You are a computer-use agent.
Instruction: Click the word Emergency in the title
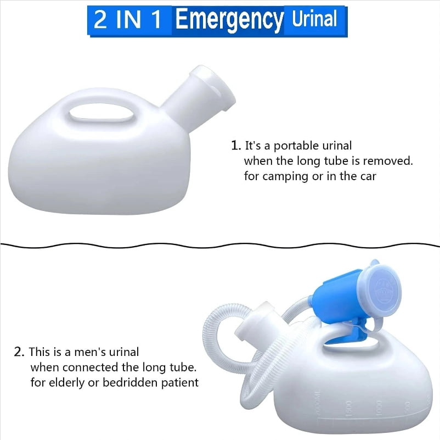pos(229,20)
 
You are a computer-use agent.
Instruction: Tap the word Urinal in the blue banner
pos(314,19)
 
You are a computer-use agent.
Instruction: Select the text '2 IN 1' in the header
pos(128,19)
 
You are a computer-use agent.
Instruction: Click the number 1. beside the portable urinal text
pos(236,146)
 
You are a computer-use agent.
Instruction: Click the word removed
pos(388,161)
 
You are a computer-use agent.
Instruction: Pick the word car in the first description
pos(368,176)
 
